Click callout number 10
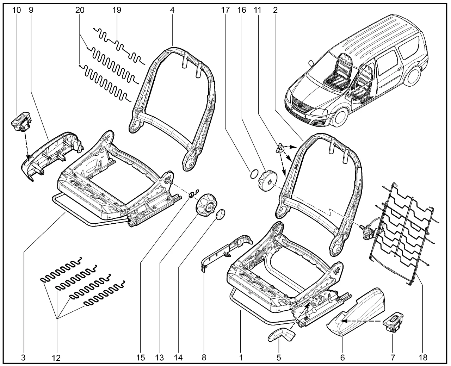click(17, 10)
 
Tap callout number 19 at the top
click(117, 10)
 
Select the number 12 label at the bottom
click(56, 358)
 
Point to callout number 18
click(423, 358)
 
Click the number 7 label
click(393, 358)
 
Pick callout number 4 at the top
click(172, 10)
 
